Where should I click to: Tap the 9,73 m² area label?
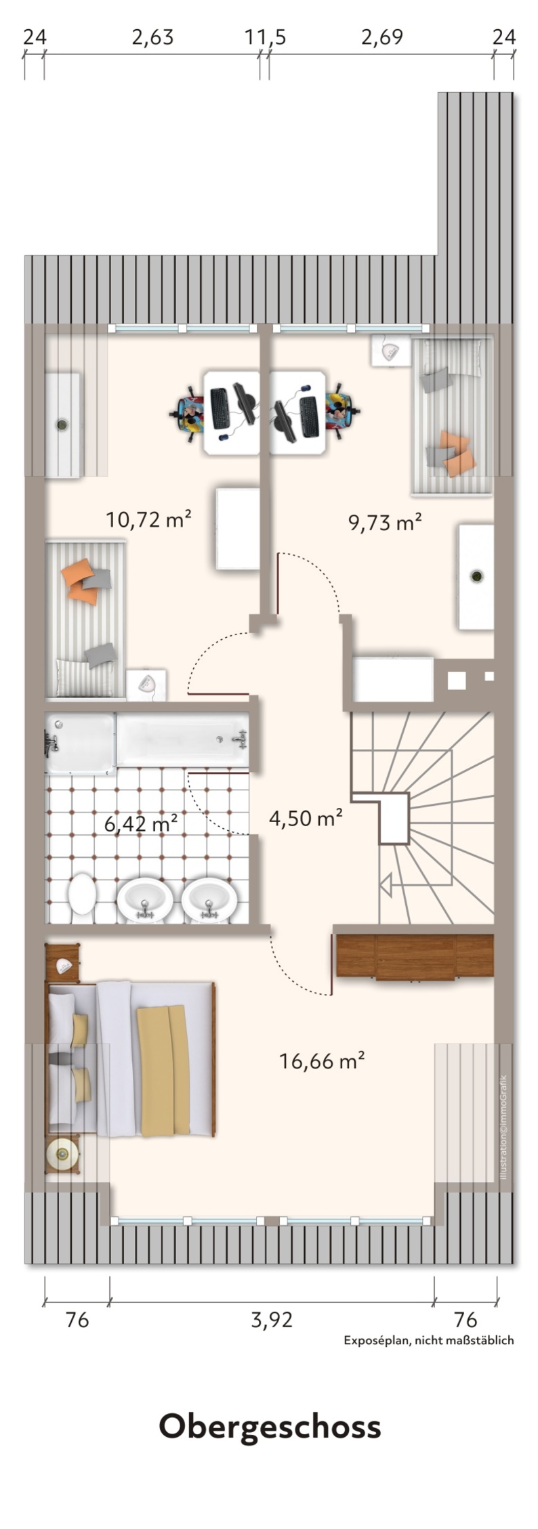[385, 522]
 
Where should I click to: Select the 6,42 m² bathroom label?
[141, 824]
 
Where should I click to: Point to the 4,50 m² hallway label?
[305, 818]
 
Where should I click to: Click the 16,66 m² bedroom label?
[322, 1061]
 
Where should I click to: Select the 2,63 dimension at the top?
[152, 37]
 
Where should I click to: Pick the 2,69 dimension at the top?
[381, 37]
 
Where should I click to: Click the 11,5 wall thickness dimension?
[265, 37]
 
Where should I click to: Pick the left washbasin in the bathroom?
[144, 901]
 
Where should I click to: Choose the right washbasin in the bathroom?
[209, 901]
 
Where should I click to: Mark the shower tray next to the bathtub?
[80, 743]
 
